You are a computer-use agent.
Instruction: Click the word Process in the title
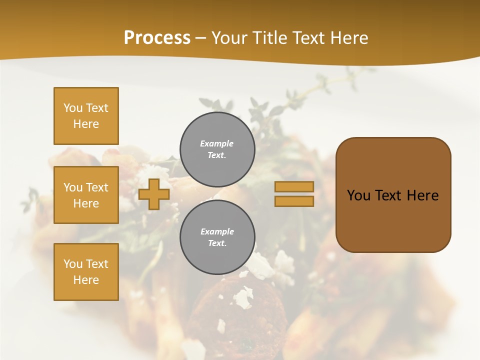[x=157, y=38]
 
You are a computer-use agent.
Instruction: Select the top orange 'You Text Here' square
[x=86, y=116]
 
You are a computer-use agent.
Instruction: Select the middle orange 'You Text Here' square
[x=86, y=195]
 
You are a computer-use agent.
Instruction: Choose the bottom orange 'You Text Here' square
[x=86, y=272]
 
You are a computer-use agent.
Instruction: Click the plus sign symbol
[x=154, y=194]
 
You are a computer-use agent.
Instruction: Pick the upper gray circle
[x=217, y=149]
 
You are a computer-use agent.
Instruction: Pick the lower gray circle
[x=217, y=237]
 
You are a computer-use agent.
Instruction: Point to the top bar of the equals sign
[x=294, y=186]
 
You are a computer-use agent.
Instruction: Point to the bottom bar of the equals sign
[x=294, y=201]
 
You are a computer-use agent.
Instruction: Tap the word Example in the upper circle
[x=217, y=143]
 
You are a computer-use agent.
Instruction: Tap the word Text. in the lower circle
[x=217, y=243]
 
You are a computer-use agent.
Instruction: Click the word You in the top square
[x=73, y=108]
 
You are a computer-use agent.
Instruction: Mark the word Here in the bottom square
[x=86, y=280]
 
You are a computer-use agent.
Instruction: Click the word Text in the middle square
[x=96, y=187]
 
